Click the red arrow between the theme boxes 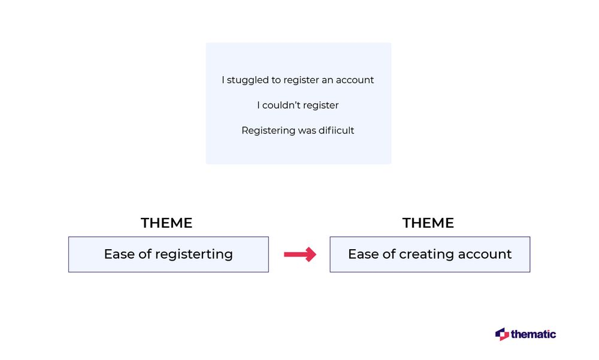point(300,255)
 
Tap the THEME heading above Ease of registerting point(167,223)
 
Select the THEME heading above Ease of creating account point(428,223)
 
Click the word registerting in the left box point(193,255)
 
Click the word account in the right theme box point(485,254)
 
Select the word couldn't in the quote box point(281,105)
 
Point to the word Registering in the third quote point(268,131)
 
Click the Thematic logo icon point(502,334)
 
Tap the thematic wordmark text point(533,334)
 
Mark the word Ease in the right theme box point(364,254)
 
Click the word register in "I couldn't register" point(320,105)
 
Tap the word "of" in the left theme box point(145,254)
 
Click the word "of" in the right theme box point(389,254)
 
